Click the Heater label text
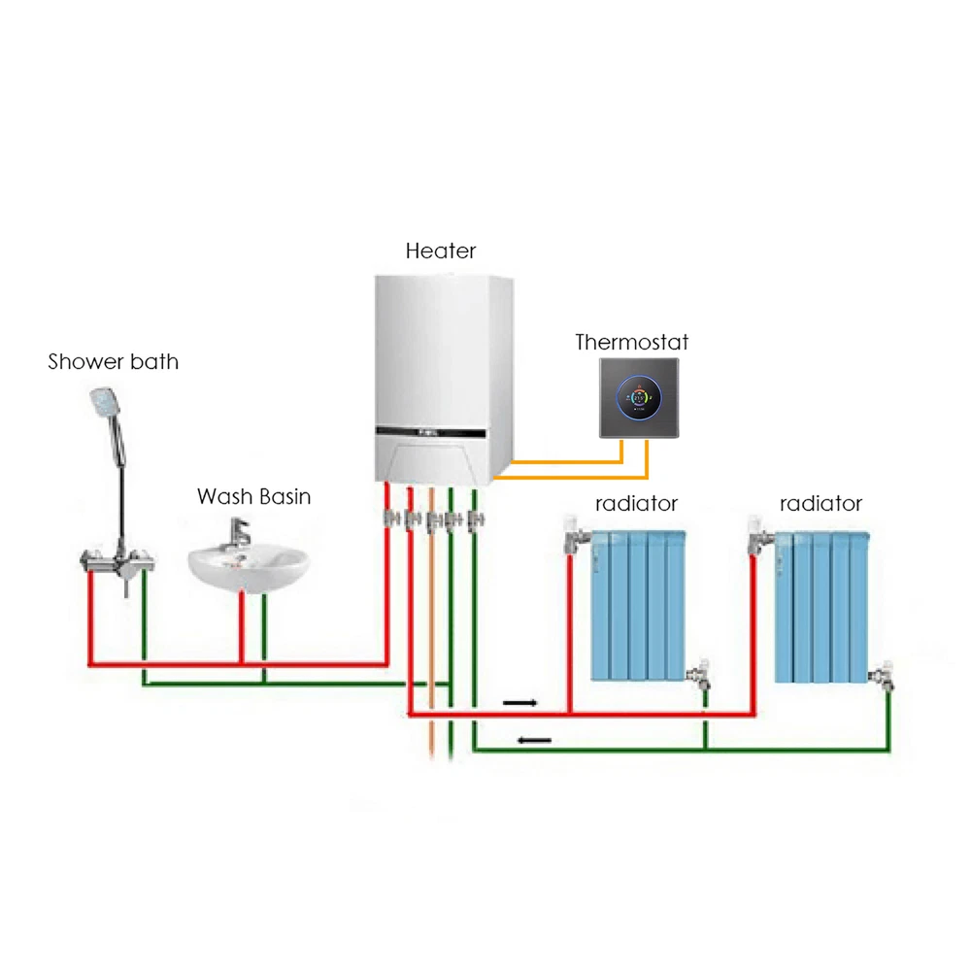click(x=441, y=251)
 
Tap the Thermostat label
click(x=631, y=342)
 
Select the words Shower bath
click(x=114, y=362)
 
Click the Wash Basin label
click(x=254, y=497)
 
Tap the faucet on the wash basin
click(x=239, y=533)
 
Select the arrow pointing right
click(x=519, y=700)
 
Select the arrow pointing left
click(x=534, y=741)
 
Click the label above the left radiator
click(x=636, y=504)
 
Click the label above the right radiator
click(x=820, y=504)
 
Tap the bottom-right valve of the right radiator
click(x=883, y=675)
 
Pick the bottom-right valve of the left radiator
click(x=698, y=677)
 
